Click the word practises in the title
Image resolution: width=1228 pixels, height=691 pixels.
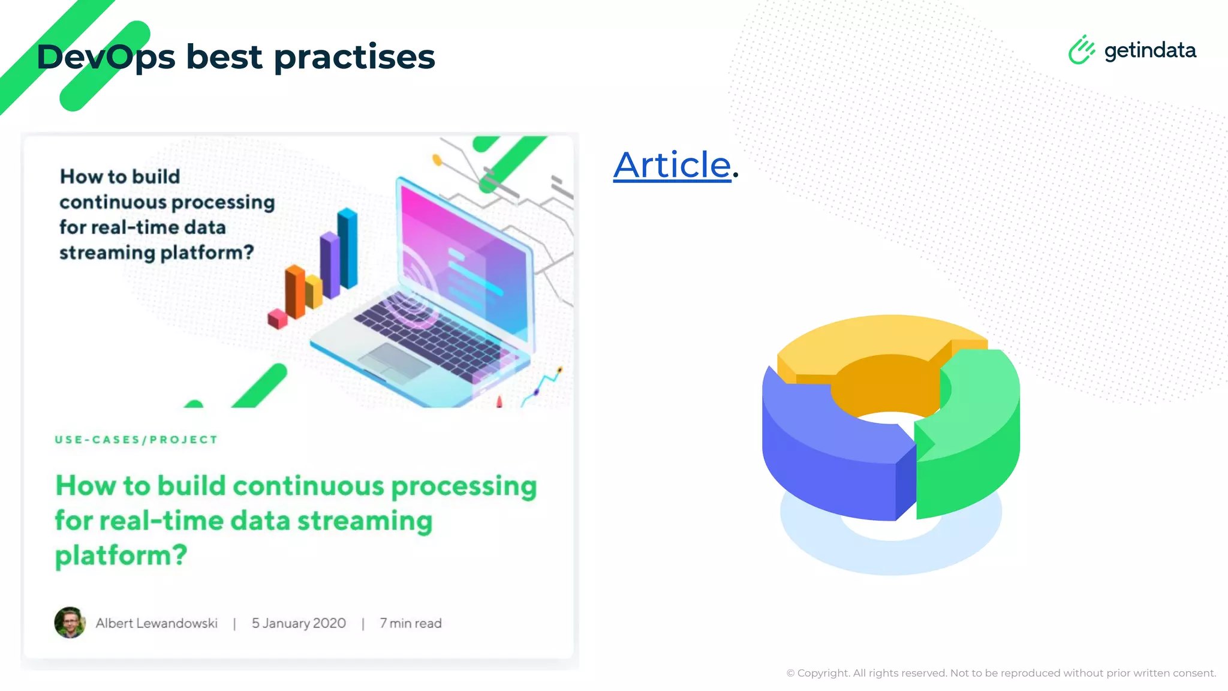point(354,58)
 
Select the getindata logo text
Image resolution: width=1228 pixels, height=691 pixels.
point(1149,50)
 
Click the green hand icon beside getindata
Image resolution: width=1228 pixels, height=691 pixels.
point(1081,50)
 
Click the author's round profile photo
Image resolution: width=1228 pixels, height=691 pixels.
point(70,623)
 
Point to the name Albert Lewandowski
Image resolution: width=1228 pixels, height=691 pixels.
point(156,623)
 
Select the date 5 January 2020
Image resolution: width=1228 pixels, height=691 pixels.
point(299,623)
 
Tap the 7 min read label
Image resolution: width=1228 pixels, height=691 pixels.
point(411,623)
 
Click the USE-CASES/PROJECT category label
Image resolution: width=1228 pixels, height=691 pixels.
point(136,440)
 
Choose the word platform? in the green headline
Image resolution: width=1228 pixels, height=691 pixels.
point(121,555)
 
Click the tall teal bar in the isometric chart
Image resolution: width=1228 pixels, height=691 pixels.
point(348,249)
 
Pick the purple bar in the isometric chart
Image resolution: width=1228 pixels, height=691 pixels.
point(329,266)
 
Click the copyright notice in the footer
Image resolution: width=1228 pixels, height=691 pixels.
point(1001,673)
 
